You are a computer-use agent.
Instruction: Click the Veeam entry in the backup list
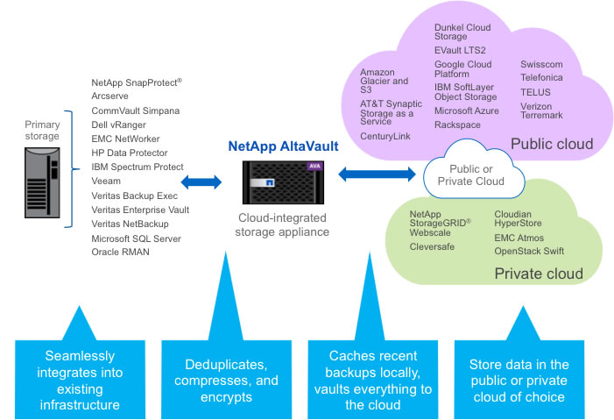click(105, 181)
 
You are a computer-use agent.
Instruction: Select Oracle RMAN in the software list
click(121, 253)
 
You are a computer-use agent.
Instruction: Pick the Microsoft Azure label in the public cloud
click(466, 111)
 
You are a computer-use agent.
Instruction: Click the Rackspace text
click(456, 125)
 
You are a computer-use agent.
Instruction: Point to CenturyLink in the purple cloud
click(385, 136)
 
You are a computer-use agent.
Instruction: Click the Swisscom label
click(541, 64)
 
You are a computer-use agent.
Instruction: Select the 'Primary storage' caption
click(42, 130)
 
